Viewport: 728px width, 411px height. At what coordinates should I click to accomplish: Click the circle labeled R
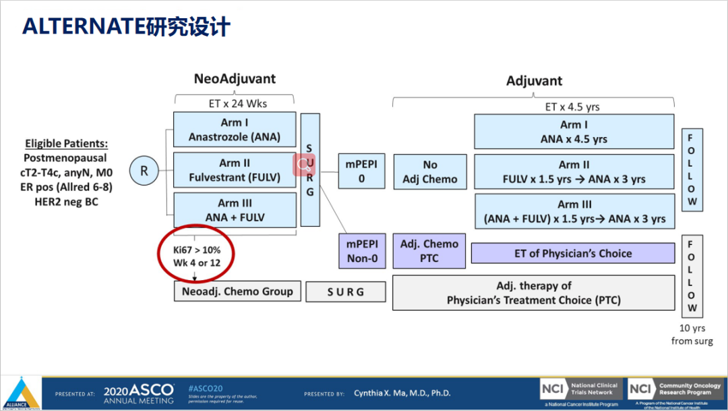pos(144,171)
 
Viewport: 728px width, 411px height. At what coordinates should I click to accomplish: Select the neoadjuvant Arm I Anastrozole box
pos(235,130)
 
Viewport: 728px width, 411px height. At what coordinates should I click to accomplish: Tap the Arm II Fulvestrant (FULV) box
pos(235,171)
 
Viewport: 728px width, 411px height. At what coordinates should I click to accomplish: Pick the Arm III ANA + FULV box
pos(235,211)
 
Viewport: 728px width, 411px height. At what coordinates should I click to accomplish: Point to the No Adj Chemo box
pos(430,171)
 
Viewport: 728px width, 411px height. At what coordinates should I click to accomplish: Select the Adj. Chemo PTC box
pos(429,250)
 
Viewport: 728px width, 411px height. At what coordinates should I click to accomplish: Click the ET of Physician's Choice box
pos(573,254)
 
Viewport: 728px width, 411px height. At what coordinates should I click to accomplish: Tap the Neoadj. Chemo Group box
pos(237,292)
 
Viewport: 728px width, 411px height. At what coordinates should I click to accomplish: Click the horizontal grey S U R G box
pos(346,292)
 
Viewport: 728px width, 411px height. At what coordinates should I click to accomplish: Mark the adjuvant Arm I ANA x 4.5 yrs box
pos(574,132)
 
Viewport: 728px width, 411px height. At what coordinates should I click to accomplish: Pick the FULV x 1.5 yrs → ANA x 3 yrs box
pos(574,171)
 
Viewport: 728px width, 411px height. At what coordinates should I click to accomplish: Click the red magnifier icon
pos(303,164)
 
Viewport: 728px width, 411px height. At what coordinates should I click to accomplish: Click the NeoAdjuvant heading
pos(235,79)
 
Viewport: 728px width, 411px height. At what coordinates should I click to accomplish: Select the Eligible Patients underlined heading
pos(67,144)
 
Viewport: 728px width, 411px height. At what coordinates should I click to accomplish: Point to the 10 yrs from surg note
pos(692,335)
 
